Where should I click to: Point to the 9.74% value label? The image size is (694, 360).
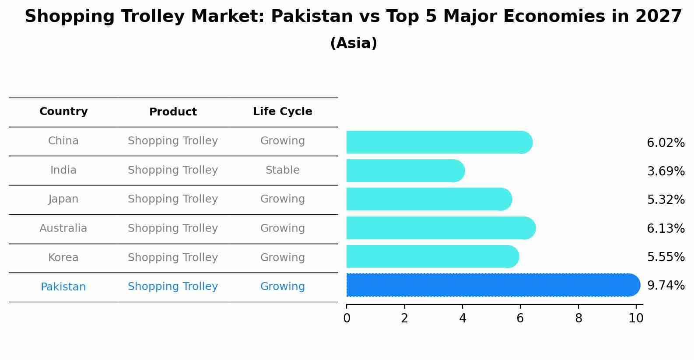coord(666,286)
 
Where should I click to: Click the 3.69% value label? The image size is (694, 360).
coord(666,171)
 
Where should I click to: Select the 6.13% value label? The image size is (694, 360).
coord(666,228)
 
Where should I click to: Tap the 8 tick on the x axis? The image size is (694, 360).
coord(578,318)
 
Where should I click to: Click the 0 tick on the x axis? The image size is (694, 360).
coord(347,318)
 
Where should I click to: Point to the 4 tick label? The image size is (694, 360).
coord(463,318)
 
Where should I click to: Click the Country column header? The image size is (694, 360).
coord(63,112)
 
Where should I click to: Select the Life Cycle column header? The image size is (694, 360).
coord(282,112)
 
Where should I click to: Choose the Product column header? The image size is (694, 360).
coord(173,112)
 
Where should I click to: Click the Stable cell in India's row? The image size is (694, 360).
coord(282,170)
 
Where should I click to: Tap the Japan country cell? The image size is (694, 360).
coord(63,199)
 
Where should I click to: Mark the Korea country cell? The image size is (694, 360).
coord(63,258)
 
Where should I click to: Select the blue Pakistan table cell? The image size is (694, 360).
coord(63,287)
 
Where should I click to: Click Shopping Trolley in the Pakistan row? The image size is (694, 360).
coord(173,287)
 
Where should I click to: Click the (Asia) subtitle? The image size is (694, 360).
coord(354,43)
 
